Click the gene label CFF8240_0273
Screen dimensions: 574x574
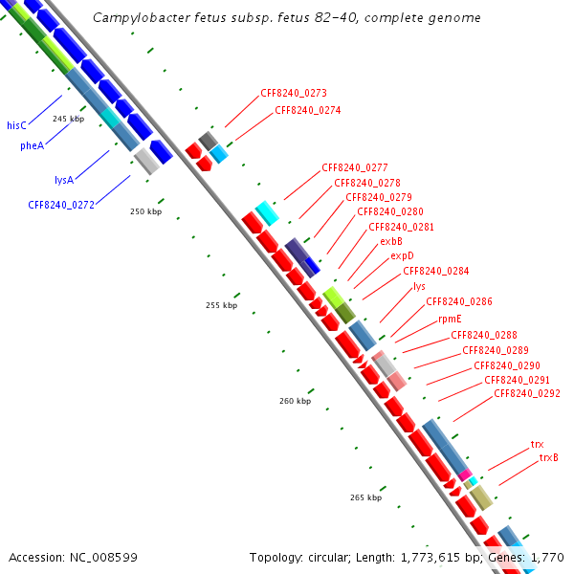click(x=294, y=94)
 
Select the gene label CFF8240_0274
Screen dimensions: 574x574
click(x=308, y=110)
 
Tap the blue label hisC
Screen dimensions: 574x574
click(x=16, y=125)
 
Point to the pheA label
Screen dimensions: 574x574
click(x=32, y=146)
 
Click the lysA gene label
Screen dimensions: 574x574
click(x=64, y=179)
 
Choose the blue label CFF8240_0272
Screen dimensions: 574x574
click(x=61, y=204)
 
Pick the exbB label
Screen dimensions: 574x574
click(x=391, y=241)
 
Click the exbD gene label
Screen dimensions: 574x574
click(x=402, y=256)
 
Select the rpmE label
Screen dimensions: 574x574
click(x=451, y=319)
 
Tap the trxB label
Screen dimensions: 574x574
click(x=548, y=457)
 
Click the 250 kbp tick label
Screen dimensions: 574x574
click(x=145, y=211)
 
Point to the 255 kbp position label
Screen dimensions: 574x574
click(x=221, y=306)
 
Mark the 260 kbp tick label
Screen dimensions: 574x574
click(x=296, y=402)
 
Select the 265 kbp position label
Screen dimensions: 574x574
click(x=365, y=497)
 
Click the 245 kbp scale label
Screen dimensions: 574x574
click(x=68, y=119)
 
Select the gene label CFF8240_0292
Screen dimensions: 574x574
click(x=527, y=393)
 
